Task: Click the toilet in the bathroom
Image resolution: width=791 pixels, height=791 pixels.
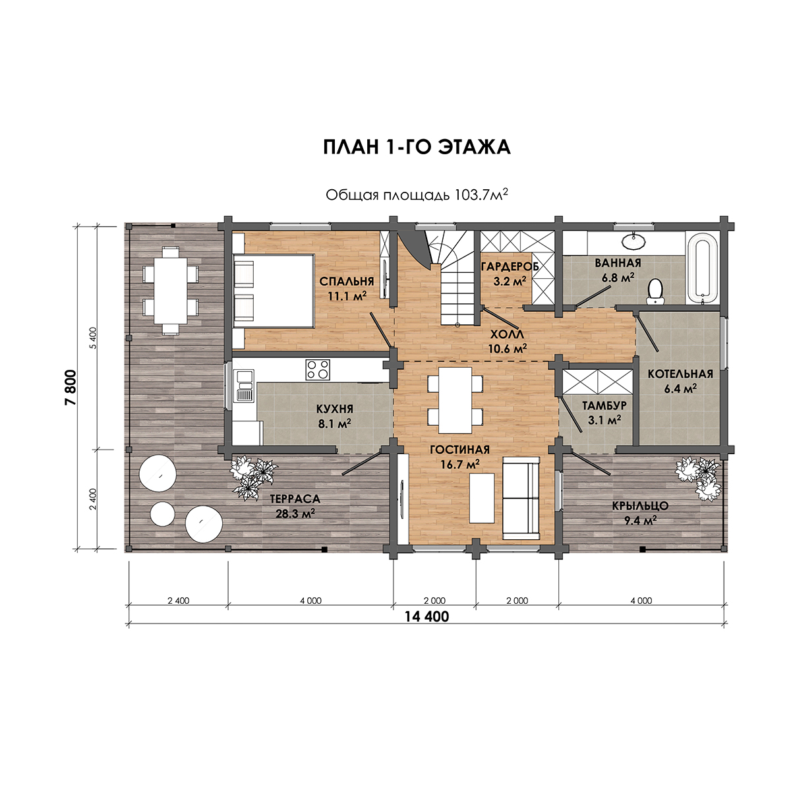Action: coord(655,291)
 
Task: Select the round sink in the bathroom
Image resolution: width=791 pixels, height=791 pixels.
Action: coord(633,241)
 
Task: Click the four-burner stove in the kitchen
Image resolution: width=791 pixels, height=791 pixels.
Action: coord(317,369)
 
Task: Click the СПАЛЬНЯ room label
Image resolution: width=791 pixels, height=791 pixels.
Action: coord(347,281)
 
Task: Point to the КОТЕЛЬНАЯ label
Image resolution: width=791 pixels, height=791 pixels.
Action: coord(680,374)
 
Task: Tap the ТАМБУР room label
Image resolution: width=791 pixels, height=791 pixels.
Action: coord(604,405)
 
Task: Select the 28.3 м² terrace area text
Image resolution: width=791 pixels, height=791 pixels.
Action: coord(295,513)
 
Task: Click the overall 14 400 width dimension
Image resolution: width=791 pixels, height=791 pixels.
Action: coord(427,628)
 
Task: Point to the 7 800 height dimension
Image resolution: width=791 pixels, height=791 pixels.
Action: coord(71,387)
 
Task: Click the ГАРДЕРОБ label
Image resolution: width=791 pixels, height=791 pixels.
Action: coord(510,266)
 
